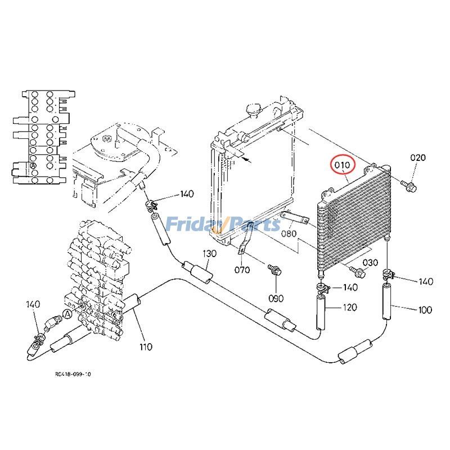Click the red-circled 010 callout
[x=343, y=166]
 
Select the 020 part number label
[x=417, y=158]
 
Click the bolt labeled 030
[x=358, y=273]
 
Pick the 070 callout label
[x=241, y=269]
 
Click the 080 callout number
[x=289, y=233]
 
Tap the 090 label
[x=276, y=298]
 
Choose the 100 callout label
[x=425, y=309]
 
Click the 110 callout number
[x=145, y=346]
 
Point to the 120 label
[x=350, y=308]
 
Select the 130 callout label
[x=209, y=254]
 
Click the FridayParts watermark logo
[x=224, y=225]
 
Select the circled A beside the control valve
[x=67, y=313]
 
